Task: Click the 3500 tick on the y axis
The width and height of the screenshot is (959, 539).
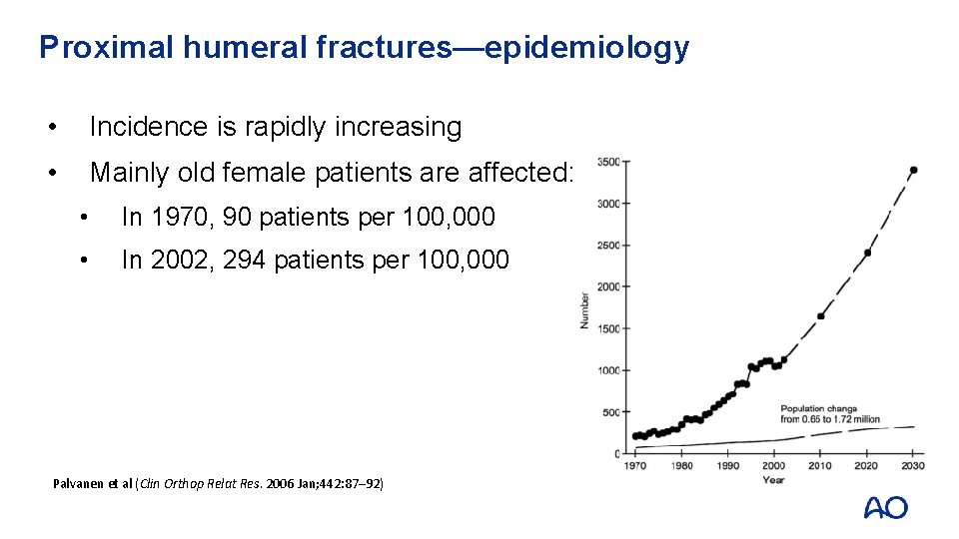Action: pyautogui.click(x=607, y=162)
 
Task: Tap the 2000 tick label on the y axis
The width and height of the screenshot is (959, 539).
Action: pyautogui.click(x=607, y=286)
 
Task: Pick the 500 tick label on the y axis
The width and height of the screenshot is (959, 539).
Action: pyautogui.click(x=610, y=412)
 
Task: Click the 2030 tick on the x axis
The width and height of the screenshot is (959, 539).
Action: pyautogui.click(x=913, y=465)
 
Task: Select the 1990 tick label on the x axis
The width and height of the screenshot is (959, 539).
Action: pyautogui.click(x=727, y=465)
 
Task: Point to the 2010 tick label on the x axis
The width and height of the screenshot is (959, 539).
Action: pyautogui.click(x=820, y=465)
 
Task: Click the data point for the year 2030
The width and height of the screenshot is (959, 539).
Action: pyautogui.click(x=913, y=170)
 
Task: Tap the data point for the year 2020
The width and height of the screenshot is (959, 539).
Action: pyautogui.click(x=867, y=252)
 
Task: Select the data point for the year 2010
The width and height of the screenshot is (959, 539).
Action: pyautogui.click(x=820, y=315)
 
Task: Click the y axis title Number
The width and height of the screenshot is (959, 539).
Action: pyautogui.click(x=584, y=310)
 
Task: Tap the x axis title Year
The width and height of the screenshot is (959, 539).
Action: pyautogui.click(x=773, y=479)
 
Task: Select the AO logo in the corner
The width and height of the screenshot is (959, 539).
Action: pyautogui.click(x=885, y=508)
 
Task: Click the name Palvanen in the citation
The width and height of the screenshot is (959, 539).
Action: pyautogui.click(x=76, y=483)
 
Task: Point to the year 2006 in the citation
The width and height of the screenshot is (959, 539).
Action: pyautogui.click(x=274, y=483)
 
